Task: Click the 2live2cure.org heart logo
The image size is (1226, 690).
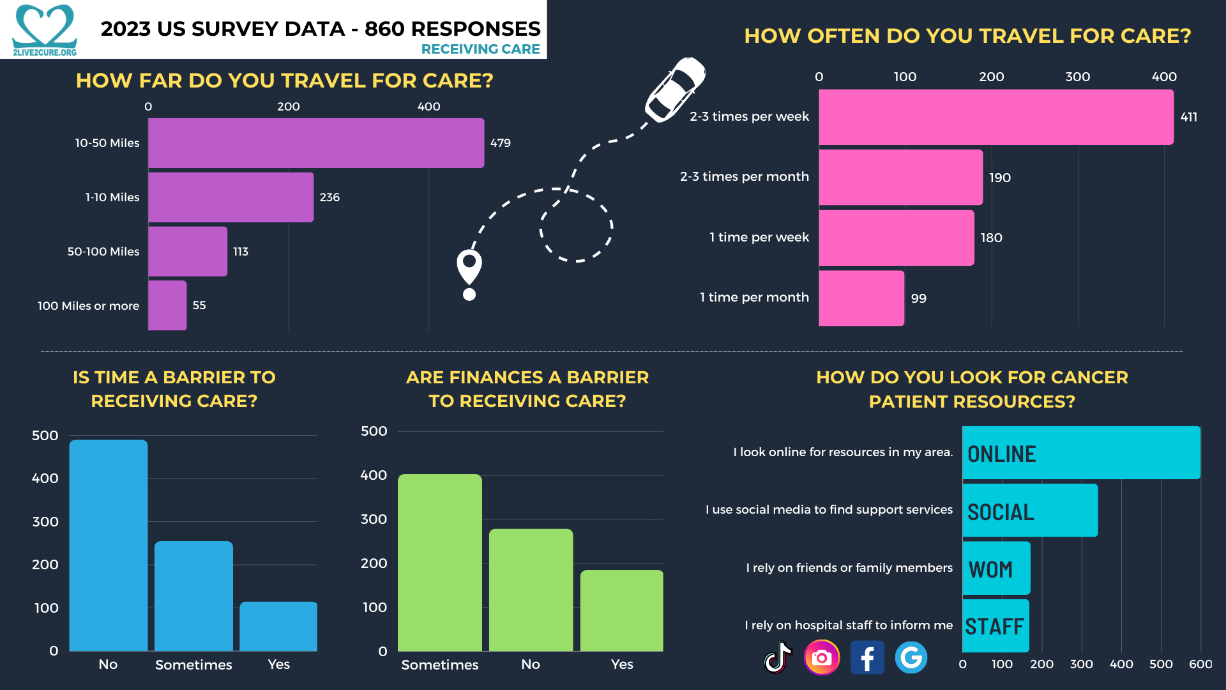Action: [x=45, y=29]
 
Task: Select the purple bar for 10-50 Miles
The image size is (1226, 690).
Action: [x=316, y=143]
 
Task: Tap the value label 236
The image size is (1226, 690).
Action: [x=329, y=197]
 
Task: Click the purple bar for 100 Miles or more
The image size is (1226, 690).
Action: [x=167, y=305]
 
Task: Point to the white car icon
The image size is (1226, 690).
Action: [x=674, y=89]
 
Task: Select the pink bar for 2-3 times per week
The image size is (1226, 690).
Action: [x=996, y=117]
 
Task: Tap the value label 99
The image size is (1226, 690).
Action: [x=918, y=298]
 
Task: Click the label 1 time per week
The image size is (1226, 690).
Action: [x=759, y=237]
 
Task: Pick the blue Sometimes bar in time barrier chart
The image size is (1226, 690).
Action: [x=193, y=596]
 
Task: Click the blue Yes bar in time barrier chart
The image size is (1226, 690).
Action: [x=278, y=626]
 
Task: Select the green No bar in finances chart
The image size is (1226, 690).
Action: [x=531, y=590]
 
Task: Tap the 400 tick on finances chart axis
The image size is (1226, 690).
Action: [x=374, y=475]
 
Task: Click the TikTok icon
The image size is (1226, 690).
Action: [x=778, y=657]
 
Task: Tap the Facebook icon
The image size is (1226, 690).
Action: [x=867, y=657]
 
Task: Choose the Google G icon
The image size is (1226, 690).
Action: [x=911, y=657]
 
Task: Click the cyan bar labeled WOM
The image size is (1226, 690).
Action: [x=996, y=569]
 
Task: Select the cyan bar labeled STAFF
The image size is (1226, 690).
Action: [x=995, y=626]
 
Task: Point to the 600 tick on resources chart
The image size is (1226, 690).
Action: [x=1200, y=664]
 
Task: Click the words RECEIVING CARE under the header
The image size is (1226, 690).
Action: [x=480, y=49]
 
